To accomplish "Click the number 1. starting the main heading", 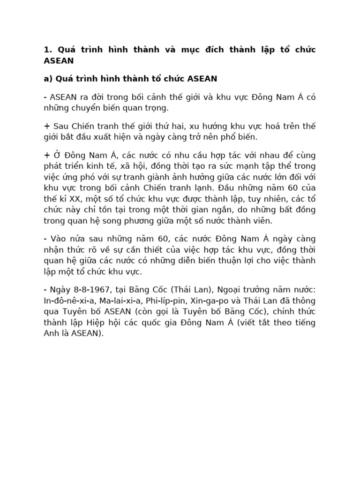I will click(x=47, y=50).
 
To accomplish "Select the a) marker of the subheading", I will click(x=48, y=78).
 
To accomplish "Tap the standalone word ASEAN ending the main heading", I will click(x=59, y=61).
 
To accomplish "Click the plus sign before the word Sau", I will click(x=46, y=127).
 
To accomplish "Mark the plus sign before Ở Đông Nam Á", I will click(x=46, y=155).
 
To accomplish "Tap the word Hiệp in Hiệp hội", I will click(x=96, y=322).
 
